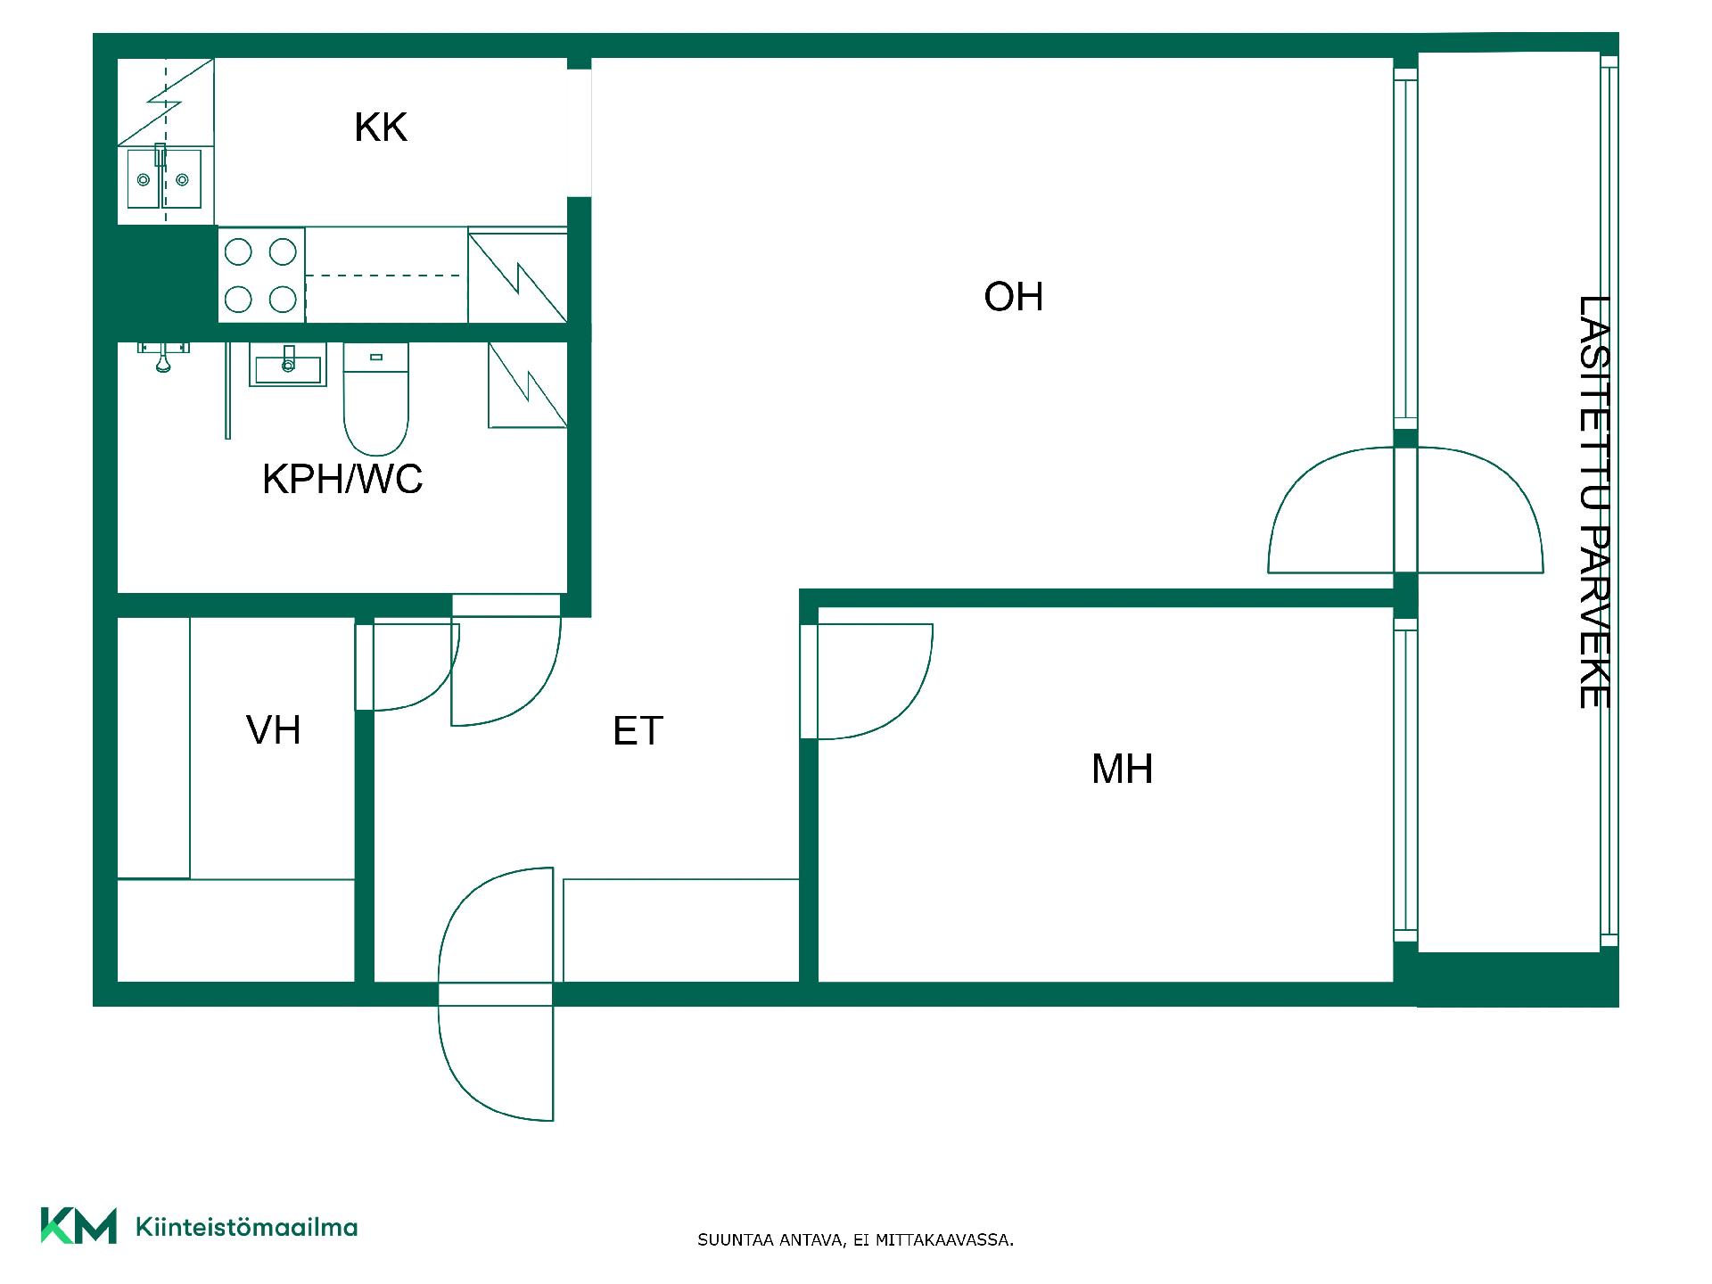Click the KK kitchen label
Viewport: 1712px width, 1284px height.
(381, 128)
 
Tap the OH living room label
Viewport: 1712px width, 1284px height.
(1014, 297)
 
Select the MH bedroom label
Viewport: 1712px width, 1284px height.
(1122, 769)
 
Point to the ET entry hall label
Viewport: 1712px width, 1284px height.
(638, 731)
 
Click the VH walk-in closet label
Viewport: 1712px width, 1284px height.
(273, 730)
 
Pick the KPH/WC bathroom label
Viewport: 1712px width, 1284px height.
(342, 480)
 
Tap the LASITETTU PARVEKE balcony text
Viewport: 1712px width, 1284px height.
(1593, 502)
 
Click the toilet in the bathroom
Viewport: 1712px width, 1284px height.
(375, 399)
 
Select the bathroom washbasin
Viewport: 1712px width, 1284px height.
(287, 366)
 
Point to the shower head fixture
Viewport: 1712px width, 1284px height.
(163, 355)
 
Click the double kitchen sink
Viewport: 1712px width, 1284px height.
(163, 178)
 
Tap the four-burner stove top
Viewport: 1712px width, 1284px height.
(261, 275)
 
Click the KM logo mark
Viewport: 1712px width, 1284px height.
(78, 1226)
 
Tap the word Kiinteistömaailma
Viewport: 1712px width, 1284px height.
(246, 1228)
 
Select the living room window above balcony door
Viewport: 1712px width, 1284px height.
(1405, 251)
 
